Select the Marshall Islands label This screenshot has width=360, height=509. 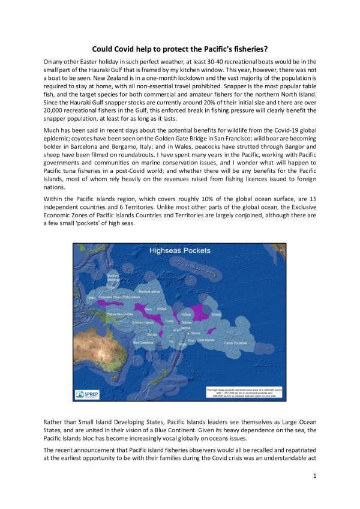tap(150, 292)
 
